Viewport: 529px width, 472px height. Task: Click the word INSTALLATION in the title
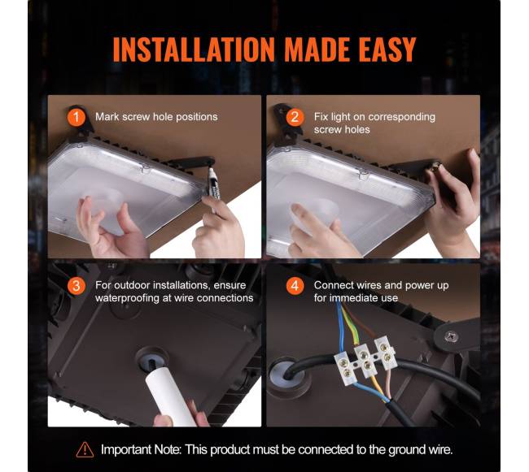pos(194,50)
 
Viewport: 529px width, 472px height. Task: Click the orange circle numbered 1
pos(77,117)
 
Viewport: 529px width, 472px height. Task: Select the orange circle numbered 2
pos(295,117)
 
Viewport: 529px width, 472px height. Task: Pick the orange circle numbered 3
pos(77,286)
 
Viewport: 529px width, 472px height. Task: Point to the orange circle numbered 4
pos(295,286)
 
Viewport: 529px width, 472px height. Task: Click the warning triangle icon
pos(85,450)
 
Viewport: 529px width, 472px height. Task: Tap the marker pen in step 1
pos(213,187)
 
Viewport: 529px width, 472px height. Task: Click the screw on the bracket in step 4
pos(451,336)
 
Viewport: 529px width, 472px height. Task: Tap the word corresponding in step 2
pos(402,117)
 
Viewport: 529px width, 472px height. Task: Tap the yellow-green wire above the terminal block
pos(351,325)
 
